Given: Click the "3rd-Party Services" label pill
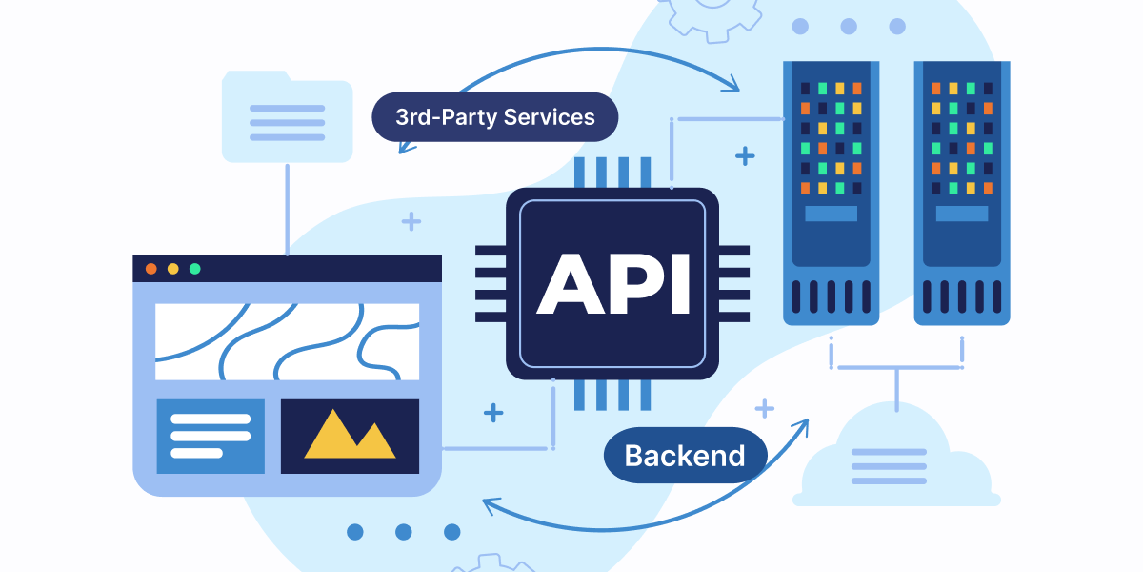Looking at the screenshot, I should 494,117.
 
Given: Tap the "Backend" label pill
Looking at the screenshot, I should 685,455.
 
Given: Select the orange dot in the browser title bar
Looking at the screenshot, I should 150,269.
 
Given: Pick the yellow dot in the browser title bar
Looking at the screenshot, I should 172,269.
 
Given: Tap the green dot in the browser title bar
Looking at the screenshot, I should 195,269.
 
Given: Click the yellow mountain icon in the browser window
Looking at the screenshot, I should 350,436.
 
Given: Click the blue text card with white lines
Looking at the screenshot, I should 211,436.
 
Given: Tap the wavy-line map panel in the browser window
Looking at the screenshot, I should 287,341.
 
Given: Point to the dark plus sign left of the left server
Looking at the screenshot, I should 745,156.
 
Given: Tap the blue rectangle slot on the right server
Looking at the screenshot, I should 961,214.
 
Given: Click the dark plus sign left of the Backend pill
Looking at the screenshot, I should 493,413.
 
